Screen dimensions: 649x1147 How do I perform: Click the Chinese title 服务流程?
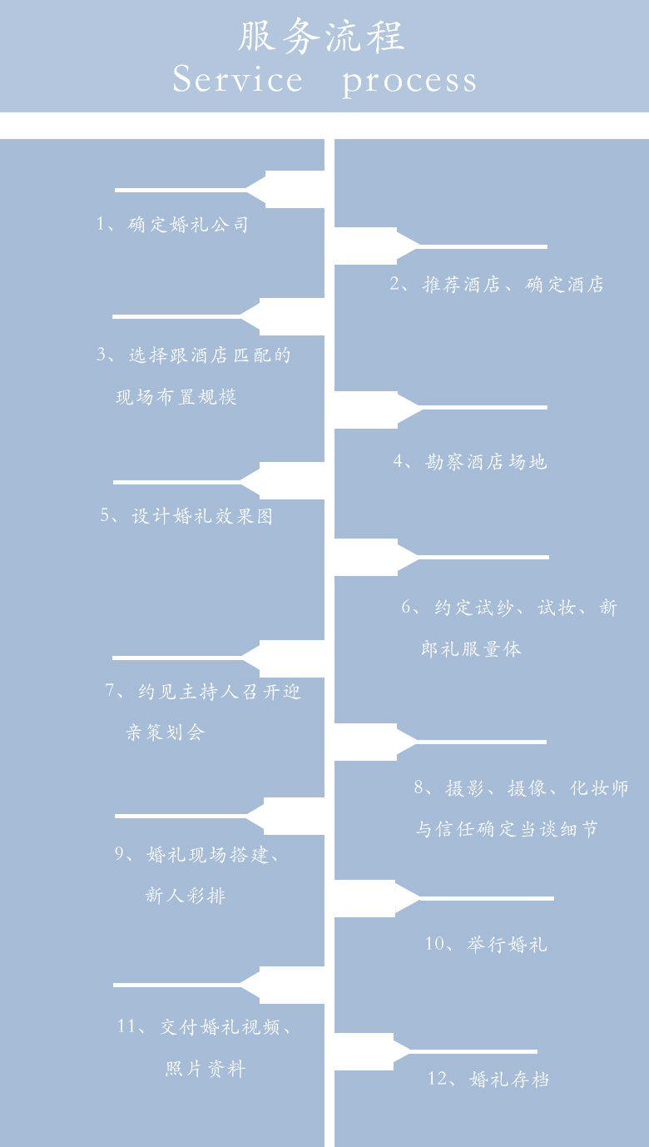[x=321, y=37]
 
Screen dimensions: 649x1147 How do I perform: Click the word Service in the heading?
[x=237, y=79]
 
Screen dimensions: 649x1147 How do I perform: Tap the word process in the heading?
[x=409, y=82]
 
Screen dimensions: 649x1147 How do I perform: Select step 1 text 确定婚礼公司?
[x=188, y=224]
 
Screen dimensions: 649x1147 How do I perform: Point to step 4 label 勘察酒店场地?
[x=486, y=462]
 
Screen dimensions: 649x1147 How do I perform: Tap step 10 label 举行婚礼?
[x=508, y=944]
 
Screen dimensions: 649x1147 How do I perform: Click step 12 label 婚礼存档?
[x=510, y=1079]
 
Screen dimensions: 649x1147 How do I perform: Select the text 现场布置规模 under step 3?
[x=176, y=397]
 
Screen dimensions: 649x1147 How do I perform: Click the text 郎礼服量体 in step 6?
[x=472, y=649]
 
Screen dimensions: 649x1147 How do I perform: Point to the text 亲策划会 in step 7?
[x=166, y=732]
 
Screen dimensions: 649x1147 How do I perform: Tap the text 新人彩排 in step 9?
[x=186, y=896]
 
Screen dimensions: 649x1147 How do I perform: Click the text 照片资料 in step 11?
[x=206, y=1069]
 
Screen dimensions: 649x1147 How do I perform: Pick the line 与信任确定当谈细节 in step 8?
[x=507, y=829]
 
